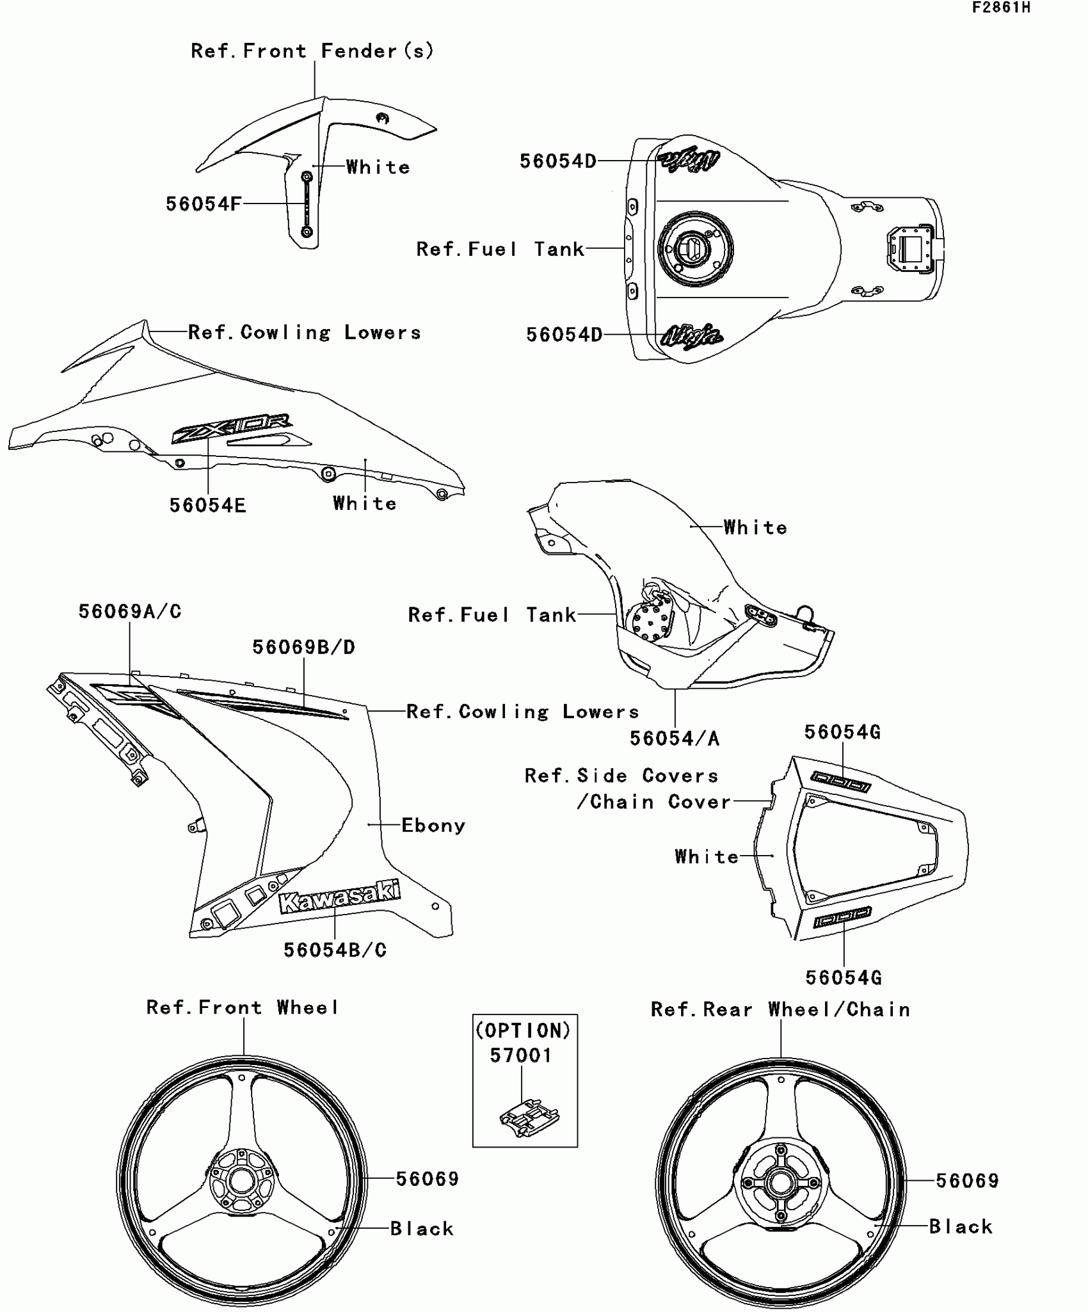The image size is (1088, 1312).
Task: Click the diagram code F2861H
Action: pos(1001,8)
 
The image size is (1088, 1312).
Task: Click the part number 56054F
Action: pos(204,204)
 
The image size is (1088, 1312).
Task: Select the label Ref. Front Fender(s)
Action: pos(312,51)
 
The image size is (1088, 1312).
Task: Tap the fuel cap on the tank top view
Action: pos(695,250)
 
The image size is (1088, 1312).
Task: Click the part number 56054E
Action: pos(207,506)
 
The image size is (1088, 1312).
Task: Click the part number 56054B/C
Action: pos(335,950)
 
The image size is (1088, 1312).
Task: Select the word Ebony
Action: pos(433,826)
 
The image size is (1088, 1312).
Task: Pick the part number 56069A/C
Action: pos(130,612)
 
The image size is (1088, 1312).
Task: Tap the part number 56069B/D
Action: pos(303,648)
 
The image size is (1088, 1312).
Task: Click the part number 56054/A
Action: pos(675,739)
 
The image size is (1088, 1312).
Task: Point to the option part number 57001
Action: pos(521,1055)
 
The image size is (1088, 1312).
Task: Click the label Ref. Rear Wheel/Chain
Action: pos(780,1010)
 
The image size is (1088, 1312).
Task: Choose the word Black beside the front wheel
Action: pos(422,1229)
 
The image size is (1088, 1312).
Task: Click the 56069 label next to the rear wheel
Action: pos(967,1181)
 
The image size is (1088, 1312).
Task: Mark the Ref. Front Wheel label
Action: pos(243,1008)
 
